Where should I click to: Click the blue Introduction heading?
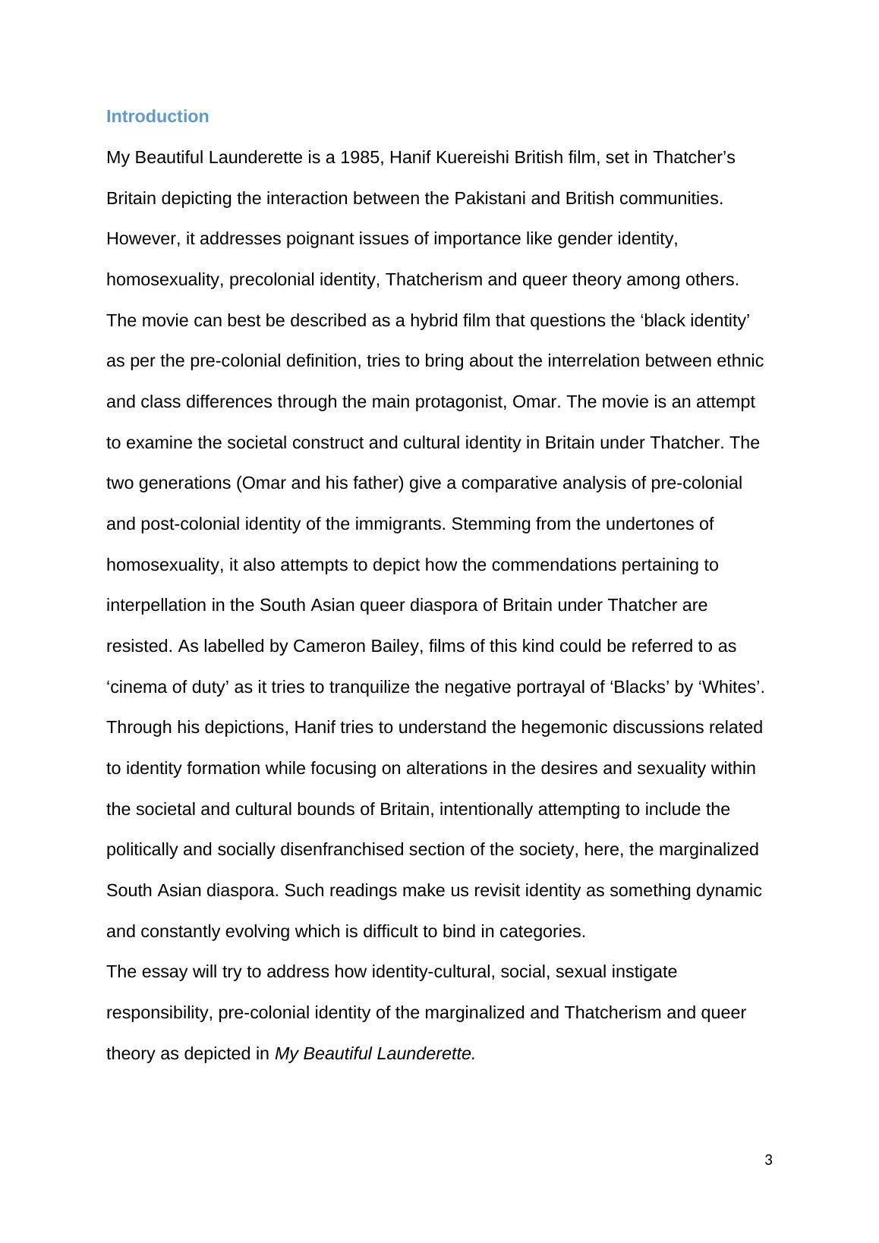tap(157, 116)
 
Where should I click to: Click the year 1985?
tap(360, 158)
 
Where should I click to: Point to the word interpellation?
tap(156, 606)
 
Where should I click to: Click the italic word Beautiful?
tap(336, 1054)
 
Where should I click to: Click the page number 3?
tap(768, 1160)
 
